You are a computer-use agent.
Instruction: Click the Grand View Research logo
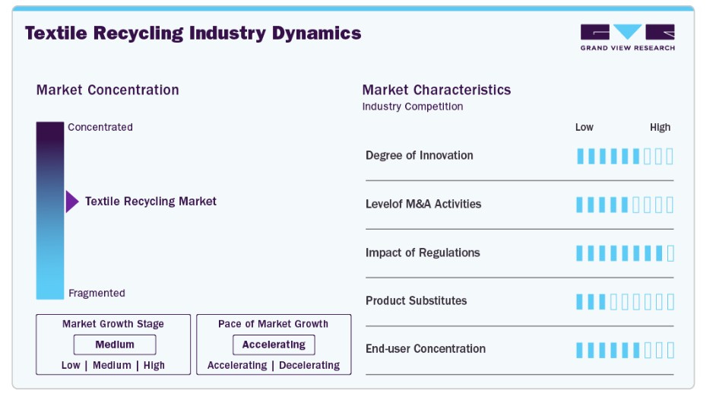627,37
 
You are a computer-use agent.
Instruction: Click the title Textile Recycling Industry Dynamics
193,33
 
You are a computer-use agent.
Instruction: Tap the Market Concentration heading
108,90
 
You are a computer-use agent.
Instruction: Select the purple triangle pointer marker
72,202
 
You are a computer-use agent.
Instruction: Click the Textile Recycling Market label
150,202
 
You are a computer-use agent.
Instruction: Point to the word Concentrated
100,127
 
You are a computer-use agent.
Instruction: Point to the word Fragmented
97,293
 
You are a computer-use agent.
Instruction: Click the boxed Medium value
115,345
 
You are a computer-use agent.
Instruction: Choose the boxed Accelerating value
274,345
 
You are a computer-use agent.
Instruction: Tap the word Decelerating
309,366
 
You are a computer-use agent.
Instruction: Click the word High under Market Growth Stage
154,366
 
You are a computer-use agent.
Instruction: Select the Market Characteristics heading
436,90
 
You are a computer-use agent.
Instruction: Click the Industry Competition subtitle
413,106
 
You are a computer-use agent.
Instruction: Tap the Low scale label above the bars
584,128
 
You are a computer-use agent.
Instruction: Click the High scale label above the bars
661,128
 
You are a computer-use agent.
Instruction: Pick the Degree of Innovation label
420,155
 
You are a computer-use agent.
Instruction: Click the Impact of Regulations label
423,252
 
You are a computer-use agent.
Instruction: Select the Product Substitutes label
417,300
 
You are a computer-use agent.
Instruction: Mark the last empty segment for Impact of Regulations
670,253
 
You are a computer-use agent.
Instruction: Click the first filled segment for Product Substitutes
579,301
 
